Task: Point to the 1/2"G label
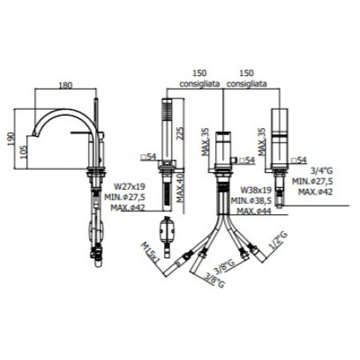coord(275,241)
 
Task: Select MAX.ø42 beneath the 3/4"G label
coord(314,191)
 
